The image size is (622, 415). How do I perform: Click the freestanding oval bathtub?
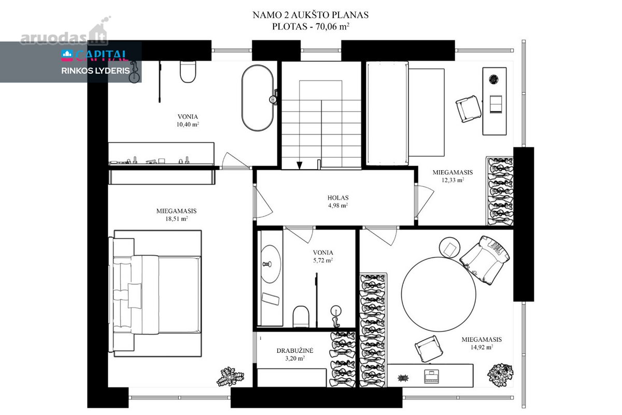pyautogui.click(x=258, y=98)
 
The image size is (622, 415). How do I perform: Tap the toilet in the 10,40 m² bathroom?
pyautogui.click(x=188, y=72)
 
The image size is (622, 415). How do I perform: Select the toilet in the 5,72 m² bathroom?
pyautogui.click(x=301, y=316)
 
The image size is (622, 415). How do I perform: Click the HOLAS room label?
pyautogui.click(x=338, y=198)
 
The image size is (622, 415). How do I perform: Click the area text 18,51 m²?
pyautogui.click(x=177, y=219)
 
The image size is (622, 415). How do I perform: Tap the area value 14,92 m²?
pyautogui.click(x=482, y=347)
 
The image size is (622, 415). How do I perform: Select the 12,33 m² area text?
pyautogui.click(x=453, y=180)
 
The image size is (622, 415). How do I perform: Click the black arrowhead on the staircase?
pyautogui.click(x=299, y=165)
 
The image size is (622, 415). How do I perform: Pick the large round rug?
pyautogui.click(x=439, y=294)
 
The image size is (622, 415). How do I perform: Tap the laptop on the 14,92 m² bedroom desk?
pyautogui.click(x=431, y=377)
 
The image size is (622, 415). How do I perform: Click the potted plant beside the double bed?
pyautogui.click(x=230, y=377)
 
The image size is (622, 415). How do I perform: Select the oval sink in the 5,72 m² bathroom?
pyautogui.click(x=270, y=264)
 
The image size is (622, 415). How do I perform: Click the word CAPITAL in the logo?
pyautogui.click(x=102, y=56)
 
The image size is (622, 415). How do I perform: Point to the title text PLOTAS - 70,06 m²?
pyautogui.click(x=310, y=26)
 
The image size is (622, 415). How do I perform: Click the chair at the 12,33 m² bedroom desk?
pyautogui.click(x=469, y=109)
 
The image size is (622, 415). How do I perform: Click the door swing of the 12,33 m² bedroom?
pyautogui.click(x=425, y=201)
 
